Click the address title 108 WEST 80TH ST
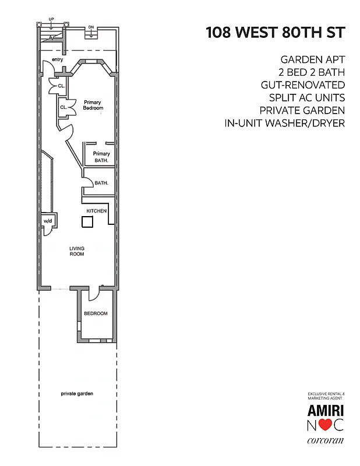click(x=275, y=33)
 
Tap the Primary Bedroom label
click(x=93, y=105)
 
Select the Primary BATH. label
click(x=101, y=157)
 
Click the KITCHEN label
click(x=96, y=210)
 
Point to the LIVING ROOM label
click(x=77, y=251)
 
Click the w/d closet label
click(x=47, y=221)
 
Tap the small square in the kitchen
click(x=87, y=221)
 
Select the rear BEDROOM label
click(x=96, y=313)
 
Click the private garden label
click(x=77, y=394)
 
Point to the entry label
click(x=57, y=60)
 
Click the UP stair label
click(x=51, y=19)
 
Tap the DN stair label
click(x=91, y=27)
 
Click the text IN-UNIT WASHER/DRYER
click(x=285, y=123)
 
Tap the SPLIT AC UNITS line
click(x=306, y=98)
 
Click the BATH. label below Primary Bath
click(x=101, y=183)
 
